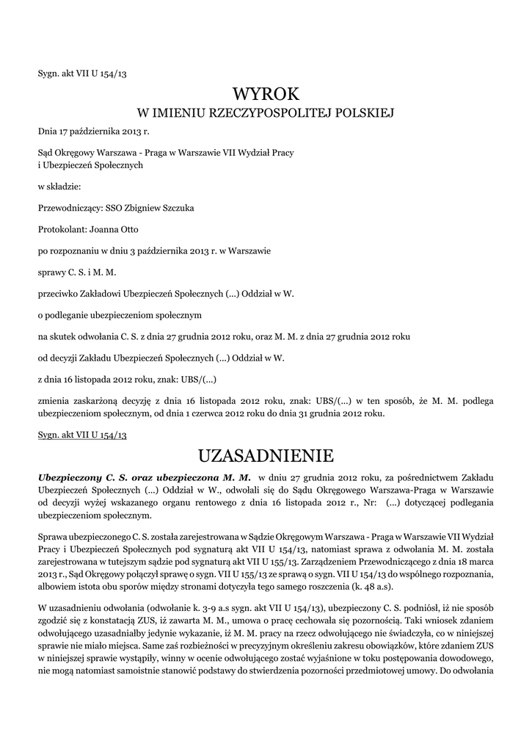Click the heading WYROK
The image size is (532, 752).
click(266, 94)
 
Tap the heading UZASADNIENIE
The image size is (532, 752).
click(266, 455)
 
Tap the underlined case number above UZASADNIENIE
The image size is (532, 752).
click(83, 435)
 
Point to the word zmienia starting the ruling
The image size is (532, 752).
click(54, 401)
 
